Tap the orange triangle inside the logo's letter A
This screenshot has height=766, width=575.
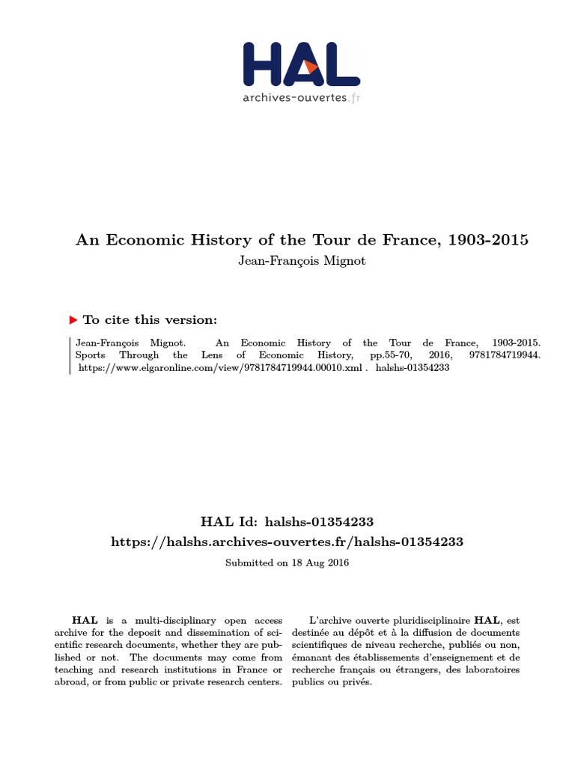point(311,67)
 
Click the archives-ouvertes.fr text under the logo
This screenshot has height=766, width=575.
point(301,97)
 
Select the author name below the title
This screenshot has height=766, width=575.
point(302,262)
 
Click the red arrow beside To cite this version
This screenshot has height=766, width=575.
point(73,320)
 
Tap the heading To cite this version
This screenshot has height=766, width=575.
point(150,320)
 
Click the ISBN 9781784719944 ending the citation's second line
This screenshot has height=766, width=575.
point(506,355)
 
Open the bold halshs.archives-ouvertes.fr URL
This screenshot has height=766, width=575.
point(287,542)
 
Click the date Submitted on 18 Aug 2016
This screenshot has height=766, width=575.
point(287,563)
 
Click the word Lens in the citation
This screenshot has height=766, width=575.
point(213,355)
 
